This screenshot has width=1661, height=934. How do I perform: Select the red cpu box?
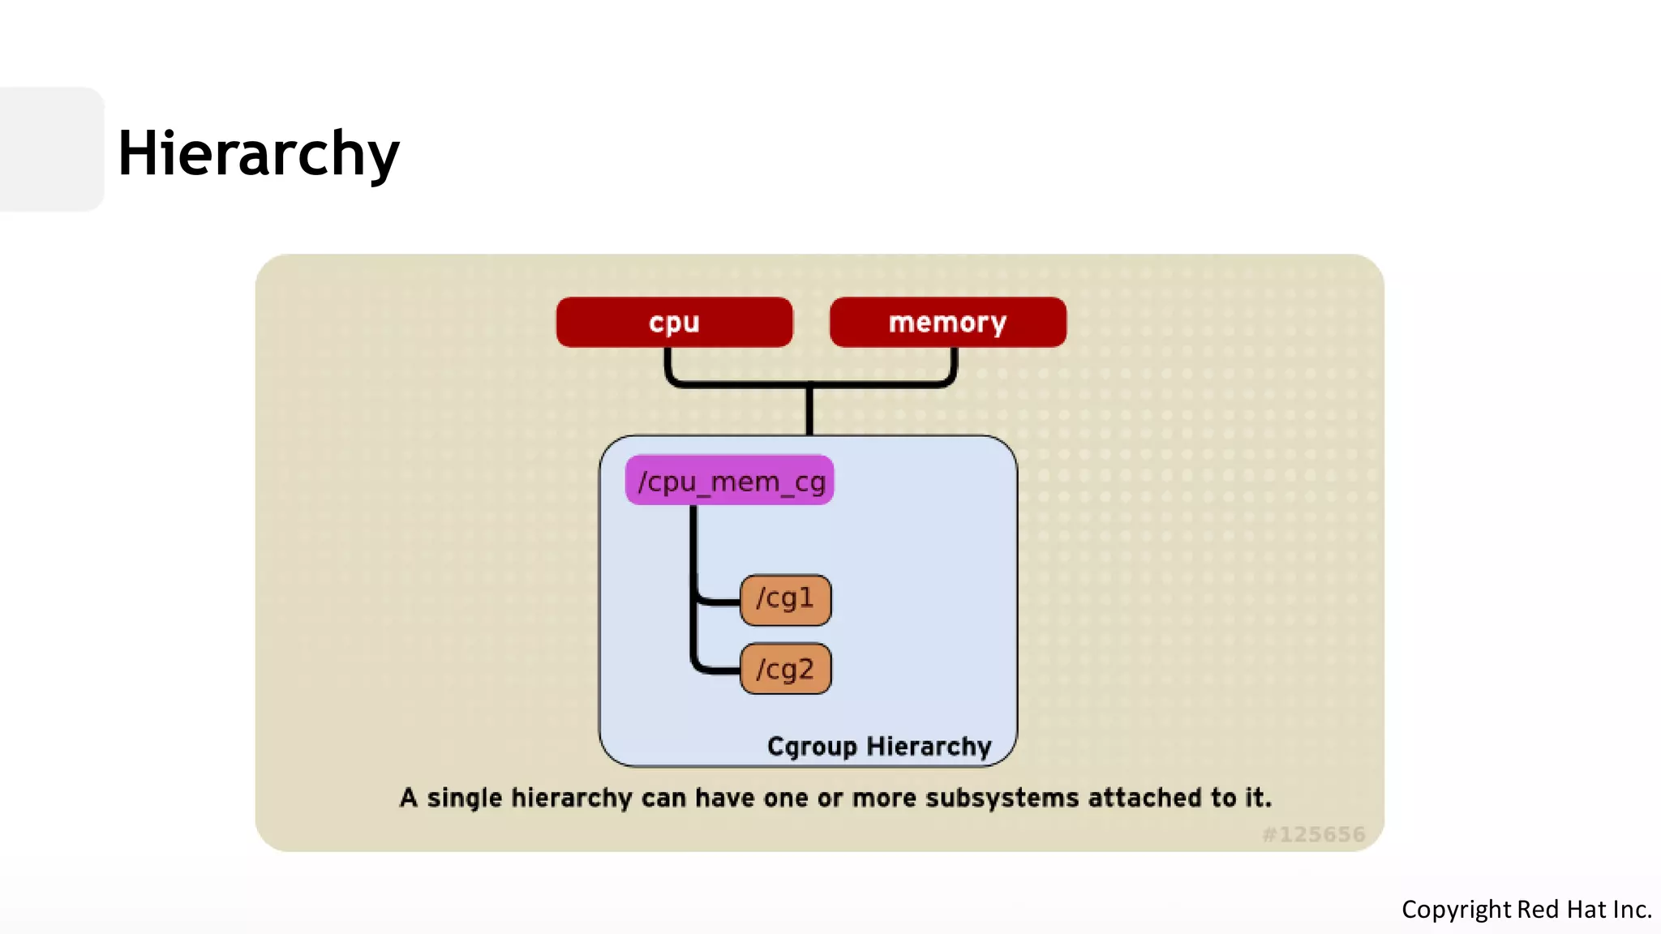tap(674, 322)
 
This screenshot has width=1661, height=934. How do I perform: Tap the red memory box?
tap(947, 322)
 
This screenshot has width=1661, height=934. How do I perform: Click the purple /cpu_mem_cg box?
tap(729, 480)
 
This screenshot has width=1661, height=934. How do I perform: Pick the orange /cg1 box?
tap(785, 600)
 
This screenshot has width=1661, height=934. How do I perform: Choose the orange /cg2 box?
tap(785, 669)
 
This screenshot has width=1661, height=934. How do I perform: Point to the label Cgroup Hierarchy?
tap(879, 746)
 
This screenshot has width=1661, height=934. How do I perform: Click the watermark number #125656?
tap(1314, 834)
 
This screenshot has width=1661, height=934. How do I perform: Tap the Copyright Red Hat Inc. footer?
tap(1526, 909)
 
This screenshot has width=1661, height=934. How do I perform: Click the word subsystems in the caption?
tap(1002, 798)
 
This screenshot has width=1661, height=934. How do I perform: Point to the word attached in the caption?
tap(1145, 798)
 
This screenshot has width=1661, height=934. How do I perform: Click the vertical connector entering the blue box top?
tap(809, 412)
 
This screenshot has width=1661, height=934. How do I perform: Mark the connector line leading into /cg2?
tap(717, 671)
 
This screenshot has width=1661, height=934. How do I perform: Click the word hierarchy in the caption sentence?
tap(571, 798)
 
